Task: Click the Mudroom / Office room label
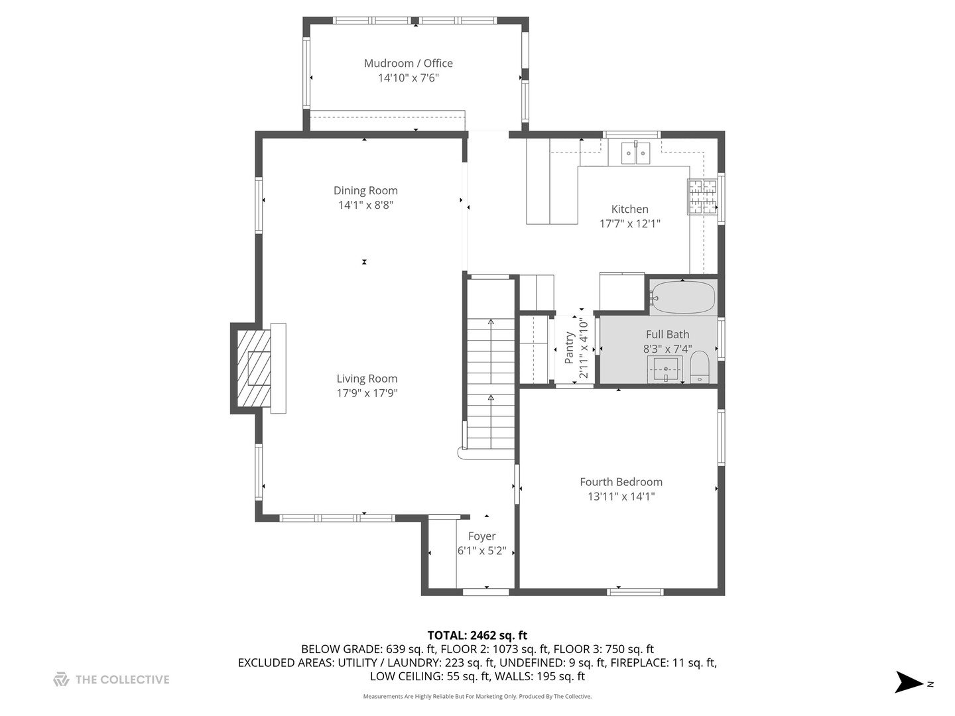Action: click(408, 63)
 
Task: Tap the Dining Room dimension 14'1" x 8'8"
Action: click(365, 206)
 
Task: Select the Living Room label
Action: click(367, 379)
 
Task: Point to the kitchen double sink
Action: click(635, 153)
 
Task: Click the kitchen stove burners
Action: click(702, 198)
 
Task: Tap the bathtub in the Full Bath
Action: click(682, 298)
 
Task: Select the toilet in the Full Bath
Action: click(700, 367)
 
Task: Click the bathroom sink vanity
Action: click(665, 369)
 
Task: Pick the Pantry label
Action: click(569, 348)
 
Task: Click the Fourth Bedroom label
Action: click(621, 482)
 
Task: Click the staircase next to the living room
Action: click(491, 385)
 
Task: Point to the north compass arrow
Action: click(909, 682)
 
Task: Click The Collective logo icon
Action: click(61, 680)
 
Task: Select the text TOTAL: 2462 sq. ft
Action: click(477, 635)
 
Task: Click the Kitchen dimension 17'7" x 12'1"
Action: click(629, 224)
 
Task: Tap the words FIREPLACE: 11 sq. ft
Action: click(663, 662)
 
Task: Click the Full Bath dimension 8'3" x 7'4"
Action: click(667, 349)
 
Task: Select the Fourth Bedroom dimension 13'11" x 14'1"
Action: click(621, 497)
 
